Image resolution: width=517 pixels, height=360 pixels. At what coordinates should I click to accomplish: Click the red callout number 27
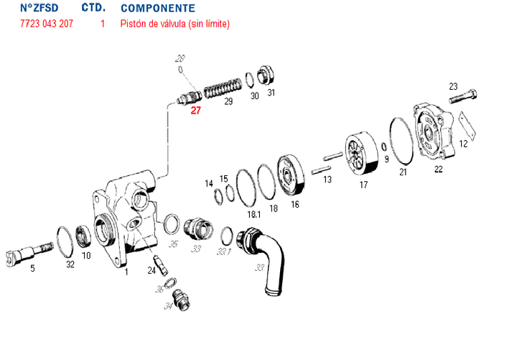(195, 111)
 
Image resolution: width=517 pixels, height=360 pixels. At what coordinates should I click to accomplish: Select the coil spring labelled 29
(223, 88)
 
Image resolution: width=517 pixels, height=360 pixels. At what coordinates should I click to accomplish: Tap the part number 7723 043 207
(47, 24)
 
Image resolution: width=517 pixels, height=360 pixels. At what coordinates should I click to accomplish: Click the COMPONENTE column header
(158, 8)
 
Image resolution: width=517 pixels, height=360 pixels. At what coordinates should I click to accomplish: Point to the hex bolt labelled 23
(462, 96)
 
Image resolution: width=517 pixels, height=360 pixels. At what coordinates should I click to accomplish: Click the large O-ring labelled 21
(401, 141)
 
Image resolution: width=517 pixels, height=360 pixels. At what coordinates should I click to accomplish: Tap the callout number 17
(363, 185)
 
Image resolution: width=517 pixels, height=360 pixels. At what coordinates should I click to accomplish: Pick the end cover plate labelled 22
(434, 131)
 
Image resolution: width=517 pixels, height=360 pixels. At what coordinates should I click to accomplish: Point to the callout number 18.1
(254, 215)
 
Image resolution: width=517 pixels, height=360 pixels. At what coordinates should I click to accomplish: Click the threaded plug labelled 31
(265, 75)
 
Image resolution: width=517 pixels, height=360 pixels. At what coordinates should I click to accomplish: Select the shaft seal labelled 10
(84, 236)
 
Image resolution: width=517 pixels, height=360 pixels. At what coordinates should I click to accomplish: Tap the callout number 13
(327, 180)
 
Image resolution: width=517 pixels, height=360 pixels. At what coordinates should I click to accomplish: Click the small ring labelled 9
(383, 147)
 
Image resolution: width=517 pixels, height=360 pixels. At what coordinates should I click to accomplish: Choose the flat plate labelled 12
(468, 126)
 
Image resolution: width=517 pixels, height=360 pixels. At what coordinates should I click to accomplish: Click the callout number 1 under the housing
(126, 272)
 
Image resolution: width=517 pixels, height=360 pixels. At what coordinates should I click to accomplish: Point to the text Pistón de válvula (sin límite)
(175, 24)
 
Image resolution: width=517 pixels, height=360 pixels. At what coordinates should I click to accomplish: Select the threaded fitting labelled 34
(182, 300)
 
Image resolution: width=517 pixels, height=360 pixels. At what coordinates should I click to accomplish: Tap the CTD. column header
(93, 8)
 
